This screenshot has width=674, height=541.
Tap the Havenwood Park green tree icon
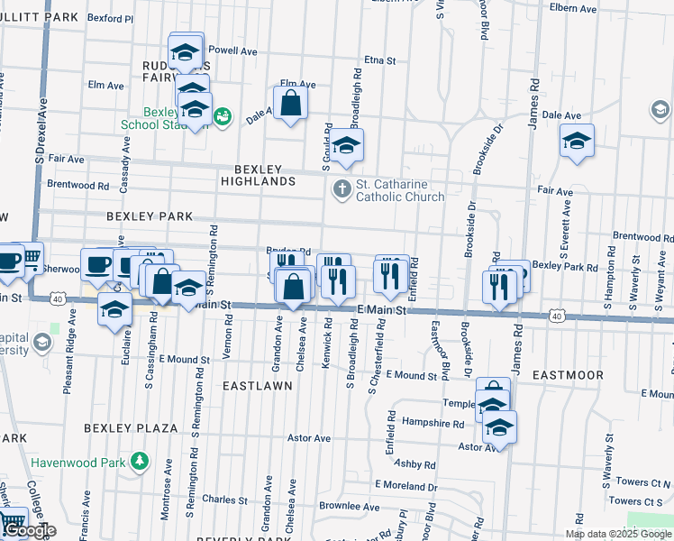click(x=140, y=463)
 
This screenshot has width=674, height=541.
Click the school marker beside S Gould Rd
click(x=346, y=145)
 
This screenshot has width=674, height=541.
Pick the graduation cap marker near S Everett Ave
click(x=577, y=142)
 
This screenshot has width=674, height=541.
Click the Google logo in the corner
click(x=29, y=530)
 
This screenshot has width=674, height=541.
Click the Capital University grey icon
click(x=41, y=343)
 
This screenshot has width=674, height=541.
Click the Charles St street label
click(x=224, y=499)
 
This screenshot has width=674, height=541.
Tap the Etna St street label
click(x=380, y=60)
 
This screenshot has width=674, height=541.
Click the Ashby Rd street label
click(x=414, y=465)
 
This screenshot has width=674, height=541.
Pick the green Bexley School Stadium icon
click(x=222, y=116)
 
